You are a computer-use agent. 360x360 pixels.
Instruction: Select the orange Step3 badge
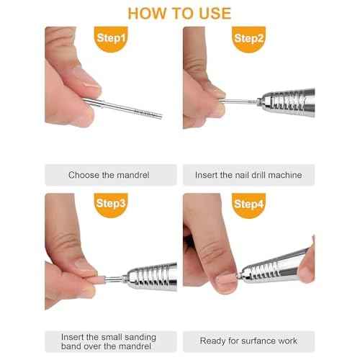click(x=111, y=204)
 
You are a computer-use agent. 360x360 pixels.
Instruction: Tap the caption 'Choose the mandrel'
click(x=109, y=175)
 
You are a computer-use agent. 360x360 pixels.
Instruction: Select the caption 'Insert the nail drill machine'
click(x=248, y=175)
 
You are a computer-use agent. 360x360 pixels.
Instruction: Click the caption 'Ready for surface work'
click(x=248, y=341)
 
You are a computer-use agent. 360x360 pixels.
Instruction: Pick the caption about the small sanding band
click(x=109, y=341)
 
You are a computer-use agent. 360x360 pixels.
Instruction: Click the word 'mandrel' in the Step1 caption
click(x=134, y=175)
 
